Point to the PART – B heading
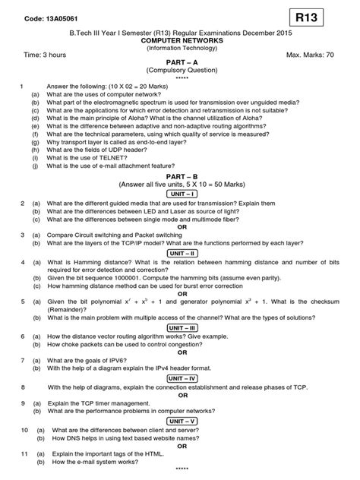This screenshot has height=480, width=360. click(x=181, y=175)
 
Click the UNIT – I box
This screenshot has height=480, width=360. click(x=181, y=194)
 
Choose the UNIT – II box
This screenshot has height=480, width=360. click(x=181, y=252)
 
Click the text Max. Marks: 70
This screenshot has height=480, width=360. click(x=312, y=55)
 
